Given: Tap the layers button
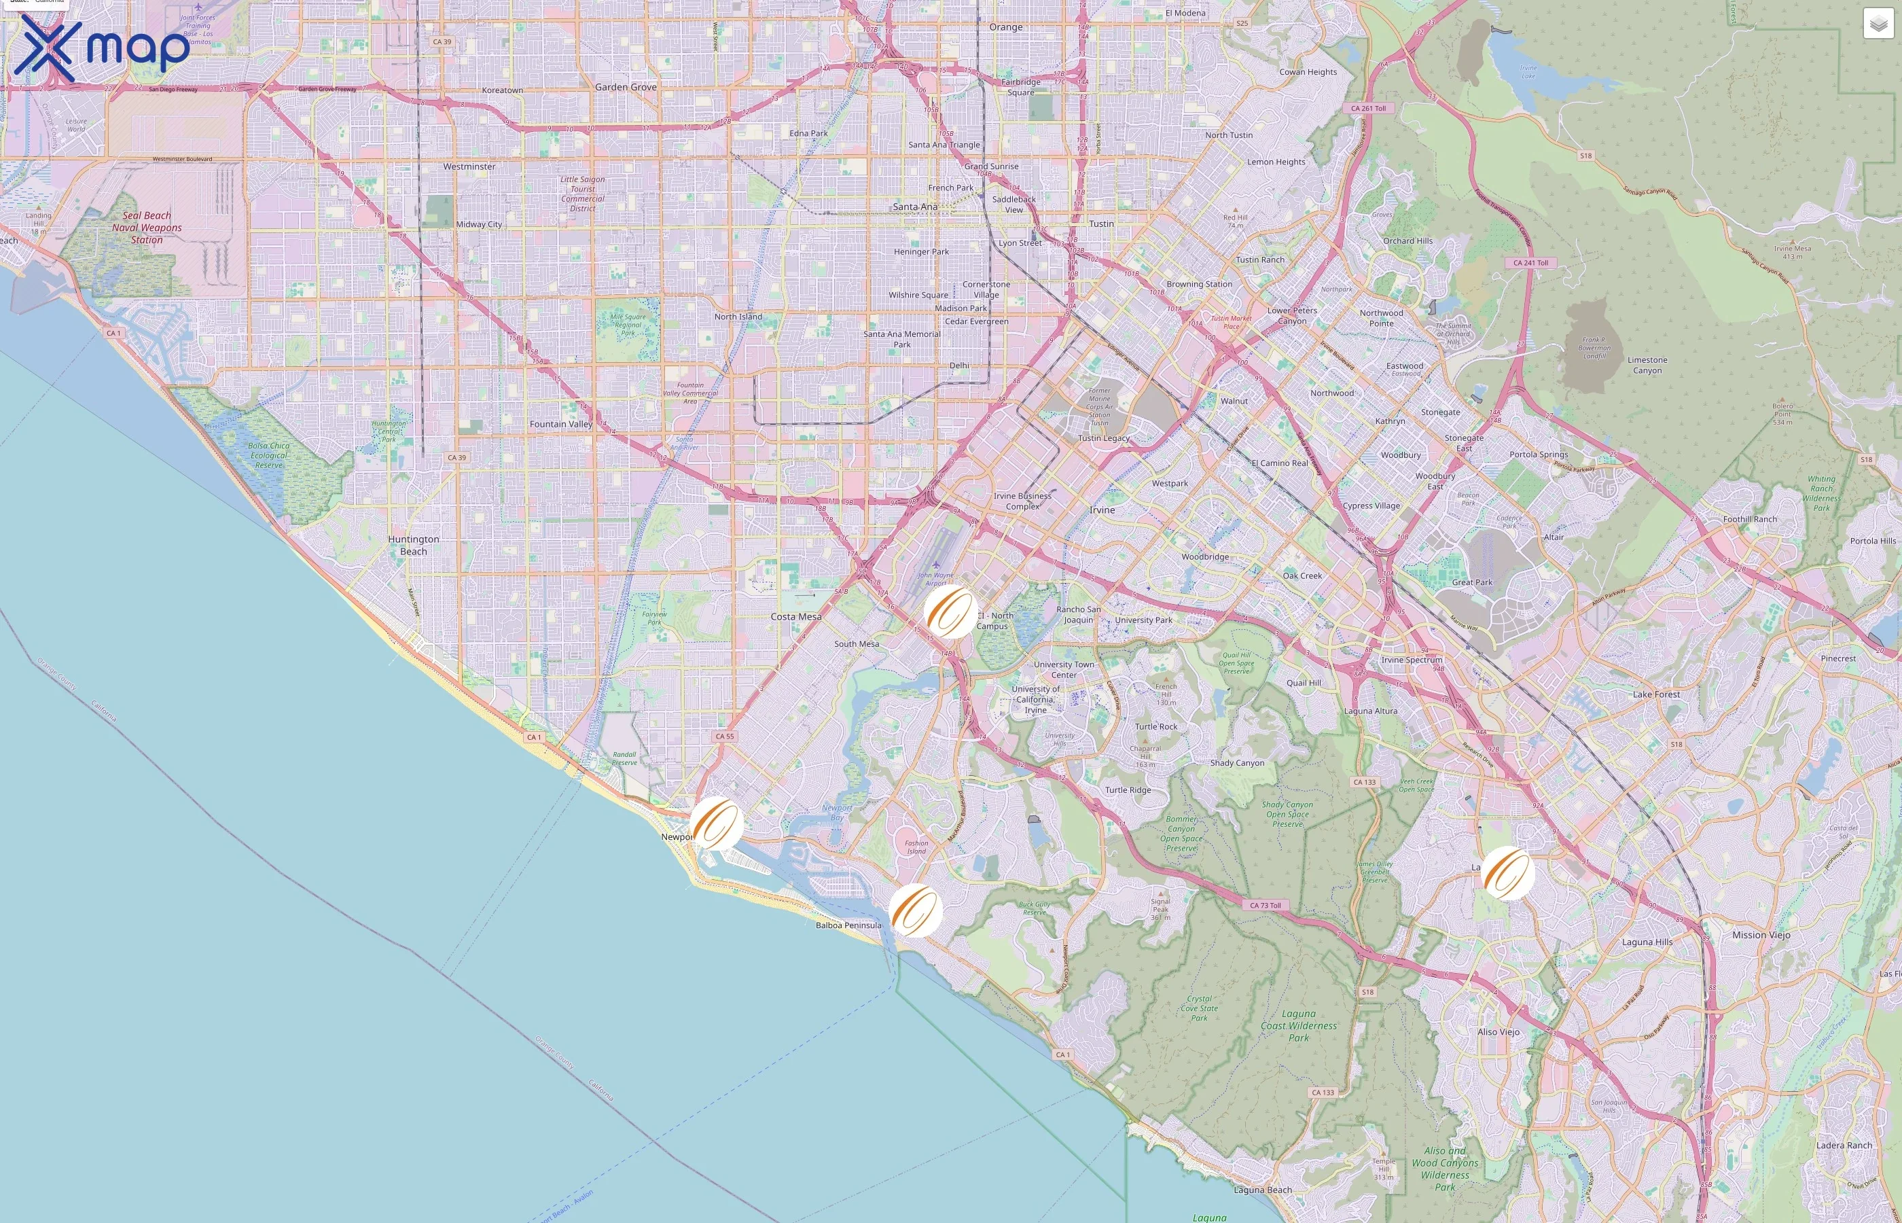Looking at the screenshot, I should point(1878,24).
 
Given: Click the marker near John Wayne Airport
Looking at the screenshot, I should point(950,612).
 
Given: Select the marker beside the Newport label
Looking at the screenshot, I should point(716,823).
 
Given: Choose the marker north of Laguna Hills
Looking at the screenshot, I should point(1507,873).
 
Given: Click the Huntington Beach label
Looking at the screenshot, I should point(414,545).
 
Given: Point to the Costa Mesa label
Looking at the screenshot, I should point(796,616).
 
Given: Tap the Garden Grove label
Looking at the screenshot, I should point(626,88).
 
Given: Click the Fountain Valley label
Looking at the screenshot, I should point(561,424).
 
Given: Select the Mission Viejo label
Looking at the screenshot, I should point(1761,935).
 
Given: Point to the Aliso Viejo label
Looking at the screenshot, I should point(1499,1031).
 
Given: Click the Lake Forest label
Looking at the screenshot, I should point(1657,694).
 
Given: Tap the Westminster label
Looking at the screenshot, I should point(469,166).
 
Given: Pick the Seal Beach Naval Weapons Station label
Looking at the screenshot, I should point(147,227).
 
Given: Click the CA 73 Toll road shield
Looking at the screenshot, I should point(1266,905).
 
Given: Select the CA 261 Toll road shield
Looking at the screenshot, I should point(1369,108).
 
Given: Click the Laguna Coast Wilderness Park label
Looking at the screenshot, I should point(1299,1025).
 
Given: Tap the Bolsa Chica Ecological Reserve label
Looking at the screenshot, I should point(268,455).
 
